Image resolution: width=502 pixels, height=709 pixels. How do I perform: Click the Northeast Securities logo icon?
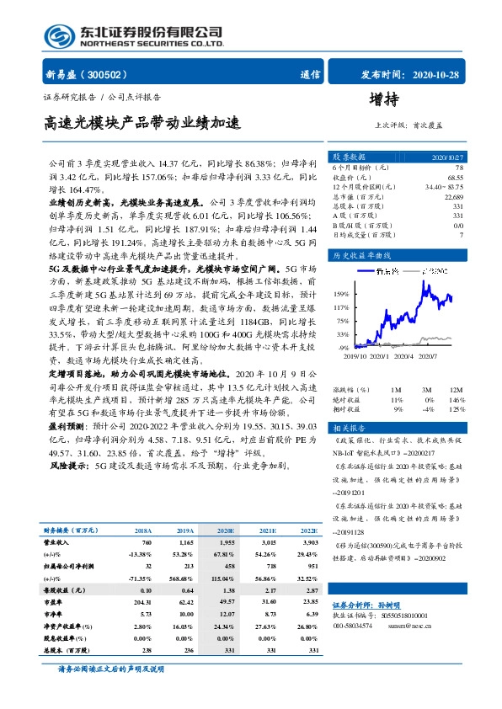pyautogui.click(x=59, y=37)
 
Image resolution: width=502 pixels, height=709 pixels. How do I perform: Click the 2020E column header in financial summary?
pyautogui.click(x=224, y=530)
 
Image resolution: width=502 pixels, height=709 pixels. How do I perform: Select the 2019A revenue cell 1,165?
pyautogui.click(x=184, y=544)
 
